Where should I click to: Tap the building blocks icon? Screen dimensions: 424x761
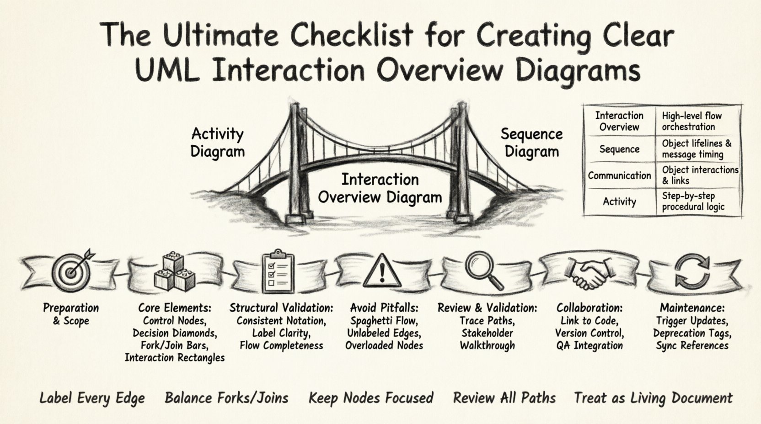pos(174,272)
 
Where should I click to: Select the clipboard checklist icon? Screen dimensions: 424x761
pos(278,273)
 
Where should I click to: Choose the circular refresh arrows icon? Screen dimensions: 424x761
pos(692,272)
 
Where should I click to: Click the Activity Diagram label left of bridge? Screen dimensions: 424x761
pos(217,143)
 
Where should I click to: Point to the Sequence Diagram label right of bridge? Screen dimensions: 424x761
pos(531,143)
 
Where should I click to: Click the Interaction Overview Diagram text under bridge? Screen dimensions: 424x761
pos(380,188)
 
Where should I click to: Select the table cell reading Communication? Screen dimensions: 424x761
pos(619,175)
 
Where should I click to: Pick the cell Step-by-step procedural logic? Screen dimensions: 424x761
pos(693,201)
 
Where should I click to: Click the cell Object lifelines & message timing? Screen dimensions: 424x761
pos(696,149)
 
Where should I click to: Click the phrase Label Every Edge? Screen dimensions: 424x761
pos(92,398)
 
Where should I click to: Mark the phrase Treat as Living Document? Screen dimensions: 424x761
pos(653,398)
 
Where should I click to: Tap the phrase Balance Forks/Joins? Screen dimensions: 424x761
pos(226,398)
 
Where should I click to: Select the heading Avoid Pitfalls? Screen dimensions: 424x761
pos(384,308)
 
